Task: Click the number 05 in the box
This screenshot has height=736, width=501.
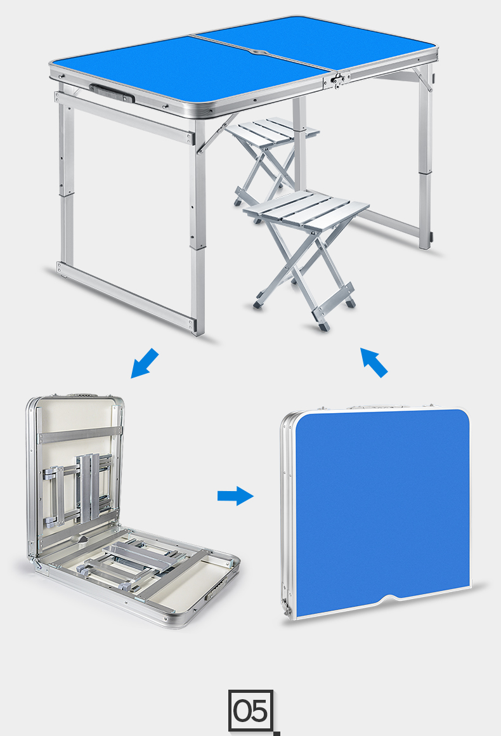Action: [x=251, y=710]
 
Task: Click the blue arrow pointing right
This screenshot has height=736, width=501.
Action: [x=235, y=496]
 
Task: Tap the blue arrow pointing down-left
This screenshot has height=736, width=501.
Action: [x=145, y=363]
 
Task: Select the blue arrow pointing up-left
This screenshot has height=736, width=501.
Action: [x=374, y=362]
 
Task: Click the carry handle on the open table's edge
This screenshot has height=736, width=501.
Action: [x=112, y=93]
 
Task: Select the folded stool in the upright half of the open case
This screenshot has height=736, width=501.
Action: [x=79, y=490]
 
